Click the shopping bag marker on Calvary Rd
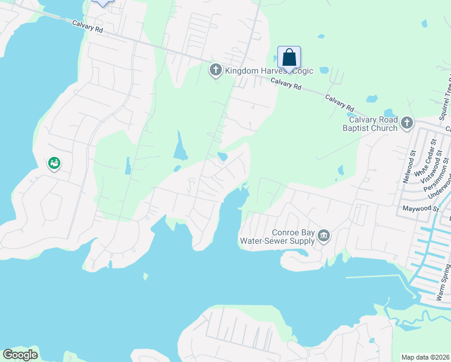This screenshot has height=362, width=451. [289, 59]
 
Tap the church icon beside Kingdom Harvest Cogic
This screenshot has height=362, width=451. [215, 71]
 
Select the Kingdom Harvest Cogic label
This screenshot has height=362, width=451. [269, 71]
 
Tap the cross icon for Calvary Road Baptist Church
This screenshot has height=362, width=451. [407, 124]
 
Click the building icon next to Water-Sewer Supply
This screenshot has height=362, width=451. [324, 235]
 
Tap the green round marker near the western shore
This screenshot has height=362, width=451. [54, 164]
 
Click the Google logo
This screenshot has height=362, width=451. [20, 355]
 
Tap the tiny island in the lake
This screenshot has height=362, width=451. [145, 276]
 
